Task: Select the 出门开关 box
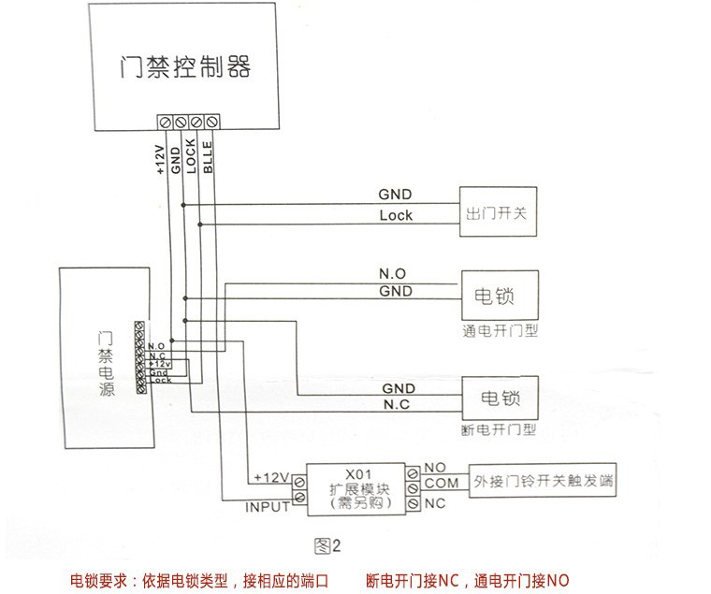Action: pos(496,214)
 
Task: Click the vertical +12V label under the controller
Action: pos(160,160)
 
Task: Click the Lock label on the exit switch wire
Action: pos(396,216)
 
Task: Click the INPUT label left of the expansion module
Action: pos(268,508)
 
